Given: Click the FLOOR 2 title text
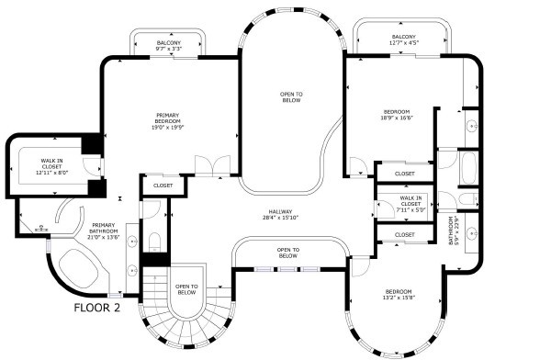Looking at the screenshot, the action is pos(97,308).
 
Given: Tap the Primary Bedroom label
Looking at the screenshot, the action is pos(168,118).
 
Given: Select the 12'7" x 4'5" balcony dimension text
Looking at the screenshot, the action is pos(404,43).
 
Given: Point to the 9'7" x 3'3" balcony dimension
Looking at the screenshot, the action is pos(169,49).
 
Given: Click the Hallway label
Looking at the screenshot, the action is pos(280,211).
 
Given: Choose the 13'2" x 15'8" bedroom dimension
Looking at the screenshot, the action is pos(399,298).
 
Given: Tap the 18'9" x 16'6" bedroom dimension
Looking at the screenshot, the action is pos(396,118).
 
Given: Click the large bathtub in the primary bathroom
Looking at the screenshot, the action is pos(79,268).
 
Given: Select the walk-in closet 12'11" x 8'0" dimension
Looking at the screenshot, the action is pos(51,173).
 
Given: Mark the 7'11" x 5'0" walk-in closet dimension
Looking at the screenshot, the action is pos(410,210).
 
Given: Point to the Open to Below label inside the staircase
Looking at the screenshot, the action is pos(186,289).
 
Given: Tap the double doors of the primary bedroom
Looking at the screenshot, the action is pos(213,165).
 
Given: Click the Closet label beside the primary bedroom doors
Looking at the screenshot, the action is pos(163,186).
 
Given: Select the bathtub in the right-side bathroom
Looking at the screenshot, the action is pos(468,168).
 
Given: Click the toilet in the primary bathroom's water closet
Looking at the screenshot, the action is pos(154,242).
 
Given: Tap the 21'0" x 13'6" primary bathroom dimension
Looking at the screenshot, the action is pos(103,237).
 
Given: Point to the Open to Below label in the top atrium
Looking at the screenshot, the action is pos(291,97).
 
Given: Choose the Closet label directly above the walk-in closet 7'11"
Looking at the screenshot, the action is pos(404,174).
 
